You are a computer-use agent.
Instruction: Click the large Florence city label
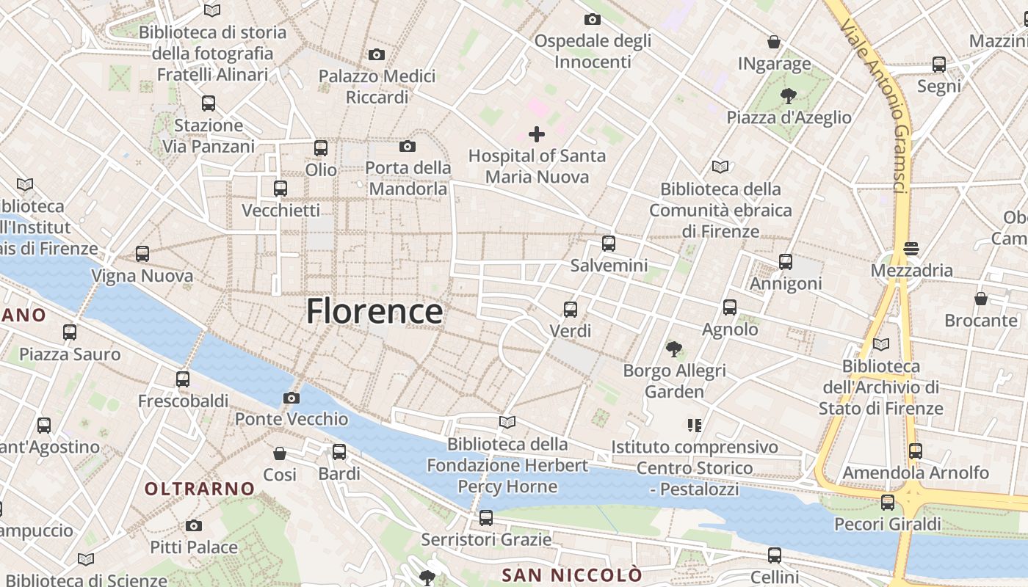[x=374, y=311]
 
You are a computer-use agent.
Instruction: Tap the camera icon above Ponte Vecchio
[x=291, y=398]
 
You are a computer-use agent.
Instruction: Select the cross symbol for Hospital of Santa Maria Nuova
[x=537, y=134]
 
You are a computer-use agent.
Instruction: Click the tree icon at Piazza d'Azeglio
[x=789, y=95]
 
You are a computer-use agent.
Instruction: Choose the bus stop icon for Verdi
[x=571, y=310]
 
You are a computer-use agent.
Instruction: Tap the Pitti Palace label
[x=194, y=547]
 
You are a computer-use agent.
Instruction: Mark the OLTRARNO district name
[x=200, y=489]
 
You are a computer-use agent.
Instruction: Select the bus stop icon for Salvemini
[x=608, y=244]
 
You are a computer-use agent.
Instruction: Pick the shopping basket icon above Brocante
[x=981, y=299]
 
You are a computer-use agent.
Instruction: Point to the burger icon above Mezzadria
[x=911, y=249]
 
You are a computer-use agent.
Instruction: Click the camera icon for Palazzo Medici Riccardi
[x=377, y=55]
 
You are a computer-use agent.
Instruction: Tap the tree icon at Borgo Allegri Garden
[x=673, y=349]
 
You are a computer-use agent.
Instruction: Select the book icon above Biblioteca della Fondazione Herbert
[x=507, y=422]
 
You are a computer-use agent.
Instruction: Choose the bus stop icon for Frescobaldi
[x=183, y=379]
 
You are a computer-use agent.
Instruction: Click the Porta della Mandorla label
[x=408, y=178]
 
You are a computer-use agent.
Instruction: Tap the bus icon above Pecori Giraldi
[x=888, y=503]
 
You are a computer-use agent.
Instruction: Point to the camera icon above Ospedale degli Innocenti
[x=592, y=19]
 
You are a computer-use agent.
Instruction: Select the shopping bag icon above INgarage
[x=774, y=42]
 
